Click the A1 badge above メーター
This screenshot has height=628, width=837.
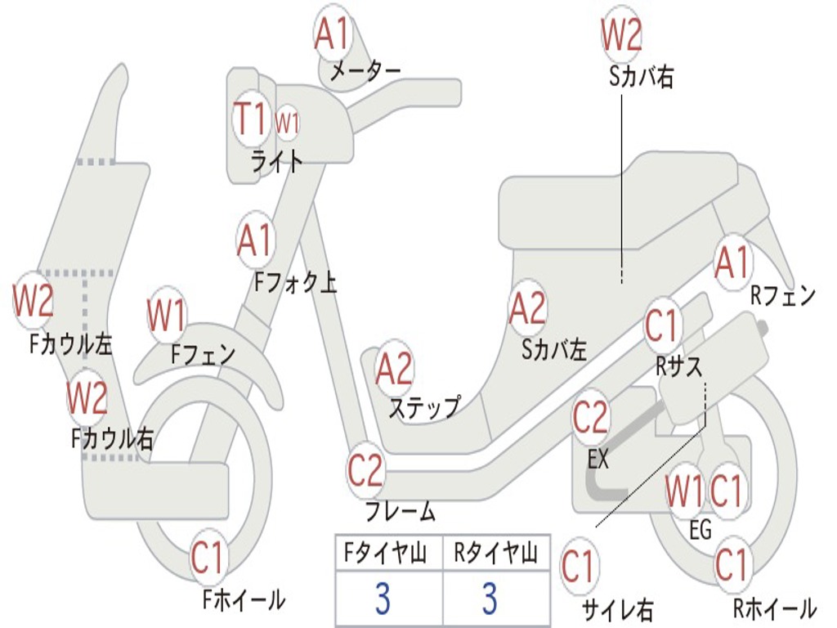[x=333, y=34]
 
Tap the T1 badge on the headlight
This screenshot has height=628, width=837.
[x=250, y=120]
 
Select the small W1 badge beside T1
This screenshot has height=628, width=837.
[x=286, y=123]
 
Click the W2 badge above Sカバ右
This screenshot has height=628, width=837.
[x=621, y=35]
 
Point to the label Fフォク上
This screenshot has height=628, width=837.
[x=295, y=283]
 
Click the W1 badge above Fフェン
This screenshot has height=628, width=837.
[x=167, y=314]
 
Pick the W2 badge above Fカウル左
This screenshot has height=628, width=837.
[x=33, y=300]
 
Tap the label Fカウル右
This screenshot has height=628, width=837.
[x=112, y=439]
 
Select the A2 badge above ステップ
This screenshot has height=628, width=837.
[x=394, y=370]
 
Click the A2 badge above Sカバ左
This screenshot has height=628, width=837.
[x=527, y=308]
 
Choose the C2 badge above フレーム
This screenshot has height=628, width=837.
[x=365, y=470]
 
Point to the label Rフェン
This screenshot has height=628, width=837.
[x=783, y=296]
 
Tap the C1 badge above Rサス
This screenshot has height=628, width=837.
[x=662, y=325]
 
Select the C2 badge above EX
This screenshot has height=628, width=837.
[x=590, y=418]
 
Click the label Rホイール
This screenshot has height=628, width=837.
[x=774, y=608]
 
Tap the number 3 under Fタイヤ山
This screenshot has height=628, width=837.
[x=383, y=599]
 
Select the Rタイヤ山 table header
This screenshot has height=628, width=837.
[x=495, y=556]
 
